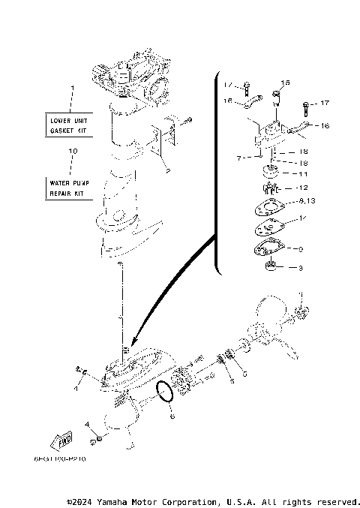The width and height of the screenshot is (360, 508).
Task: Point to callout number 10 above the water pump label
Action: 72,152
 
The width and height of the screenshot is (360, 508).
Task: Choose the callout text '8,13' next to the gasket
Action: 307,201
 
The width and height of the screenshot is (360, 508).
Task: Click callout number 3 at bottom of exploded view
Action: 301,268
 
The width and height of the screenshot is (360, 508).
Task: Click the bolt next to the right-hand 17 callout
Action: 306,104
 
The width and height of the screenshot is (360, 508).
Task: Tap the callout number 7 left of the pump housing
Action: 238,158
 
